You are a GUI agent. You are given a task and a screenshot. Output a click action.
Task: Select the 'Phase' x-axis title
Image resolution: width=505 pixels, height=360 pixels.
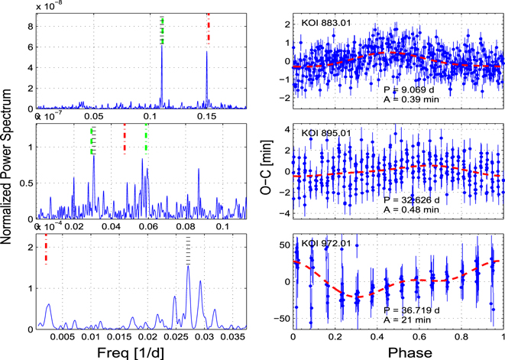pyautogui.click(x=398, y=351)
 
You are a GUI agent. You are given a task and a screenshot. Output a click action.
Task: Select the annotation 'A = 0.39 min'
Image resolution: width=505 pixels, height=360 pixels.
pyautogui.click(x=413, y=99)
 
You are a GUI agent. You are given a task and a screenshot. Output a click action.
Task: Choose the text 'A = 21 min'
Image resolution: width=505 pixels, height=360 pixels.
pyautogui.click(x=409, y=319)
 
